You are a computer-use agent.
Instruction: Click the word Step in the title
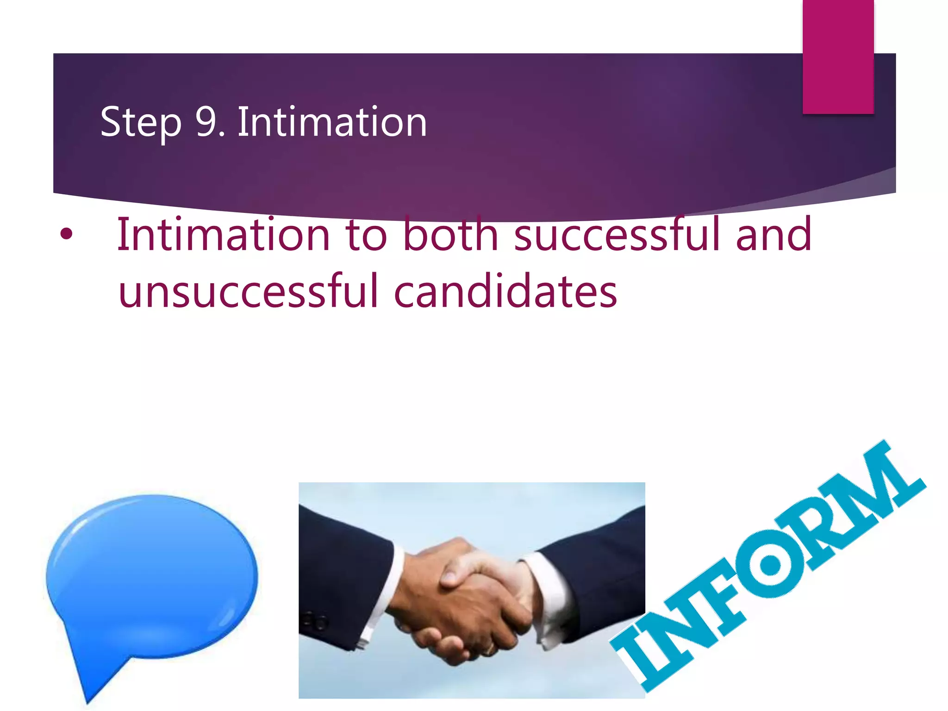coord(141,122)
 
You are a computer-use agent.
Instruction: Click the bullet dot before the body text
coord(67,234)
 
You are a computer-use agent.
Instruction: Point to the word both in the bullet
coord(450,234)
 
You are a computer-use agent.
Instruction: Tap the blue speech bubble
coord(153,574)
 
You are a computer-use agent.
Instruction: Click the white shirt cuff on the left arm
coord(389,588)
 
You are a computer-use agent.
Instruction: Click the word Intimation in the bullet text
coord(224,234)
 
